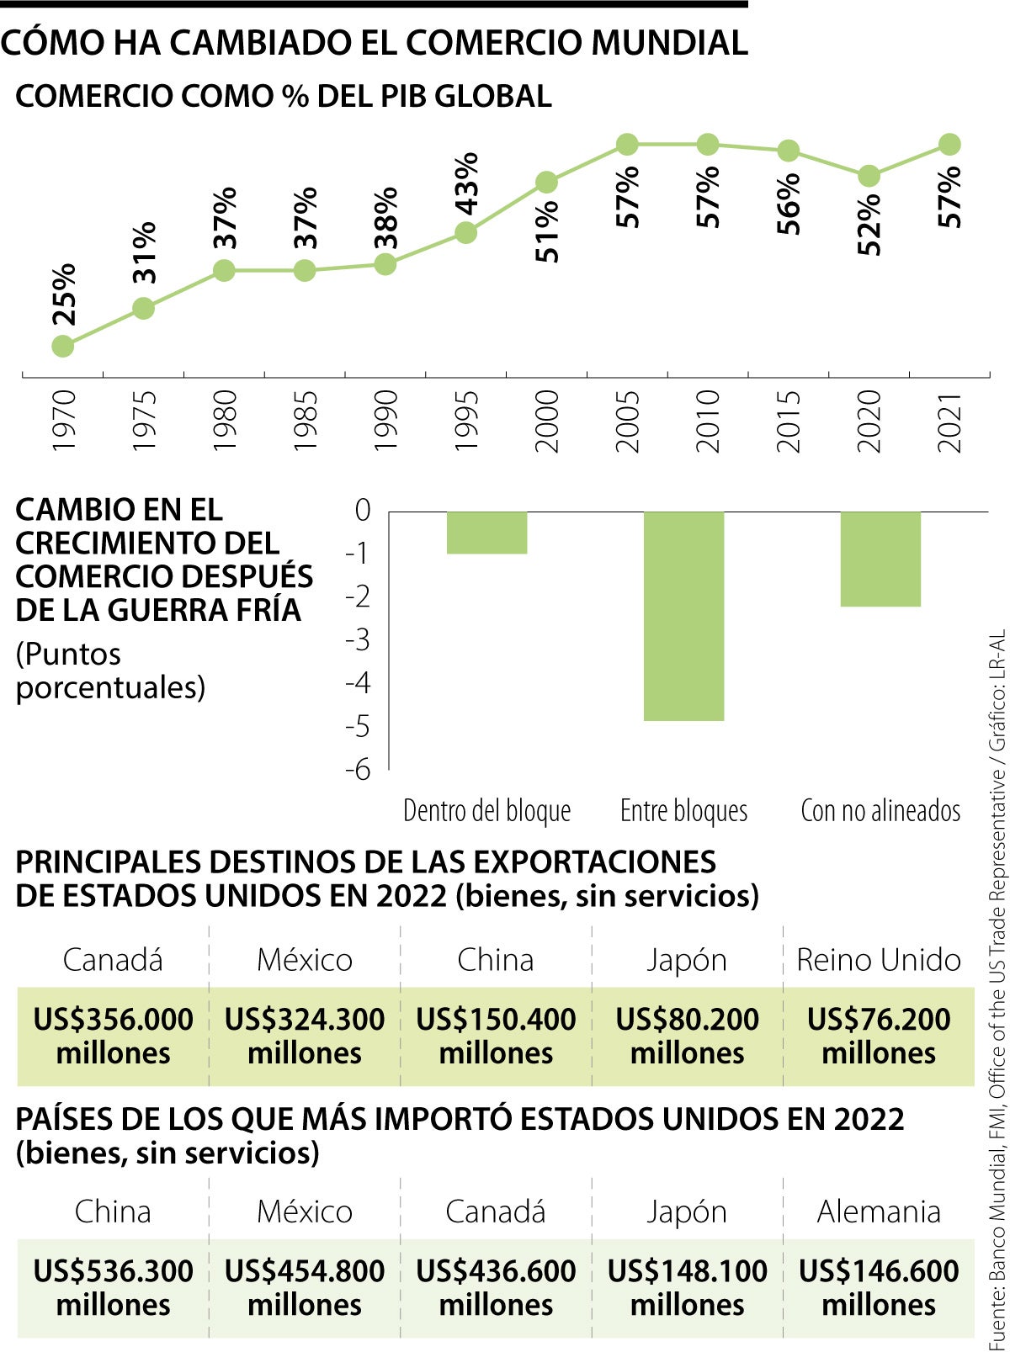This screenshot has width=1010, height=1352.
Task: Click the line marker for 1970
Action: pyautogui.click(x=62, y=346)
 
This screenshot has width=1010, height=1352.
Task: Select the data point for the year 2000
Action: pyautogui.click(x=546, y=183)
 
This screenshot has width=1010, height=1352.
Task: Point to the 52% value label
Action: pyautogui.click(x=869, y=224)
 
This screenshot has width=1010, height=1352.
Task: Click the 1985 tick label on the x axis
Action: pyautogui.click(x=305, y=421)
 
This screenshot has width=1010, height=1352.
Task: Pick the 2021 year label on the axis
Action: pyautogui.click(x=949, y=421)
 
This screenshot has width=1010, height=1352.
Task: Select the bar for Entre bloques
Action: pyautogui.click(x=683, y=615)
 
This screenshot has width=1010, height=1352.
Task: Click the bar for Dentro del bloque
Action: pyautogui.click(x=486, y=533)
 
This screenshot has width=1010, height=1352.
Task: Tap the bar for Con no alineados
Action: pyautogui.click(x=880, y=559)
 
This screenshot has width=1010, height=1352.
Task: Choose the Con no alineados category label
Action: pyautogui.click(x=880, y=810)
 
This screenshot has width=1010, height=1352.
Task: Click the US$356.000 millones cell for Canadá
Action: pyautogui.click(x=113, y=1036)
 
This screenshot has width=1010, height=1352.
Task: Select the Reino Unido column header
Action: pyautogui.click(x=879, y=959)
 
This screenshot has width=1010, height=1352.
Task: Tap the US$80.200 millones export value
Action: pyautogui.click(x=687, y=1036)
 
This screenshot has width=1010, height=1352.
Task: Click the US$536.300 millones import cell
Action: pyautogui.click(x=113, y=1287)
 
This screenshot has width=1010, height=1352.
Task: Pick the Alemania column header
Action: pyautogui.click(x=879, y=1211)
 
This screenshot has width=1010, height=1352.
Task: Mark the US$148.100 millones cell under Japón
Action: pyautogui.click(x=687, y=1287)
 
